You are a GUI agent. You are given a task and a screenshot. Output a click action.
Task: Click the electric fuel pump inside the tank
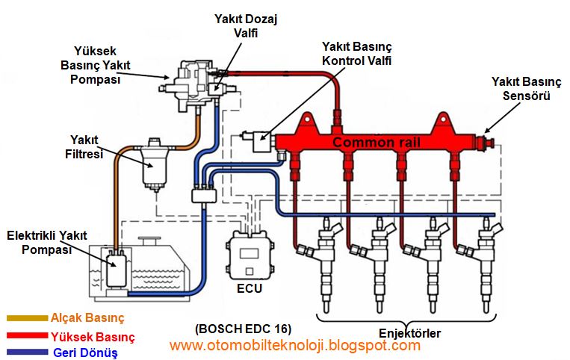coord(116,268)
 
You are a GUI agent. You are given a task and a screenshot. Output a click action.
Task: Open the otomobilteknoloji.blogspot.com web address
coord(294,346)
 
